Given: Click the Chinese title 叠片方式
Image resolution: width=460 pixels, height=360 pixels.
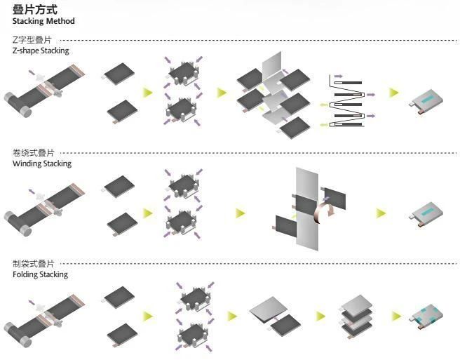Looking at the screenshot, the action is pos(34,10).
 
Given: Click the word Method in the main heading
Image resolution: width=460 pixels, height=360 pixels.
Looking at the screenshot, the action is pos(60,21).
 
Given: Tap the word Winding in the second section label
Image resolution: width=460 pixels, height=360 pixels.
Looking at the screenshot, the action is pos(26,164).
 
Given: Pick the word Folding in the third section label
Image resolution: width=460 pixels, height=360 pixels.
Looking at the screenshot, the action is pos(25,274).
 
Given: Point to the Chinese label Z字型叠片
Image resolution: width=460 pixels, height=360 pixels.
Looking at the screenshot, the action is pos(32,40).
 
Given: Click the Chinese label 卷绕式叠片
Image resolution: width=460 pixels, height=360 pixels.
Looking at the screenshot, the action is pos(33,153).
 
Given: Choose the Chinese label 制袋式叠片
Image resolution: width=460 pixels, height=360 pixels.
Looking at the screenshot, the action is pos(33,264).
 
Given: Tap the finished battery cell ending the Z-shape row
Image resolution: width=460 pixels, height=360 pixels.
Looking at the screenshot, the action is pos(426,101).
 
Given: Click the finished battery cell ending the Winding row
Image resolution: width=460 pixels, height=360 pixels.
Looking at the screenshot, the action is pos(426,215).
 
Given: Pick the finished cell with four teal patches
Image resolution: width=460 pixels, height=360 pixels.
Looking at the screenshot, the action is pos(426,316).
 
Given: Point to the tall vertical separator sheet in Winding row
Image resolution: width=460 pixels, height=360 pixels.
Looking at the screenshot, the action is pos(307,209).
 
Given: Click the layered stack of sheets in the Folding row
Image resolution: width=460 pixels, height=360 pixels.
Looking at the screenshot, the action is pos(357,316).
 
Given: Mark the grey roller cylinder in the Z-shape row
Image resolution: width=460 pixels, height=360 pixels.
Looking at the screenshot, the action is pos(18,105).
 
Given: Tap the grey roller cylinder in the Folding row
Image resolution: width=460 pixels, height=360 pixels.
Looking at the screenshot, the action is pos(18,335).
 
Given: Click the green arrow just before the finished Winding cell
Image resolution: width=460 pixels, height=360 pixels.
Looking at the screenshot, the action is pos(381,213).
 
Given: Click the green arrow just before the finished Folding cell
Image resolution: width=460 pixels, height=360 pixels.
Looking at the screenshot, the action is pos(397,316).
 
